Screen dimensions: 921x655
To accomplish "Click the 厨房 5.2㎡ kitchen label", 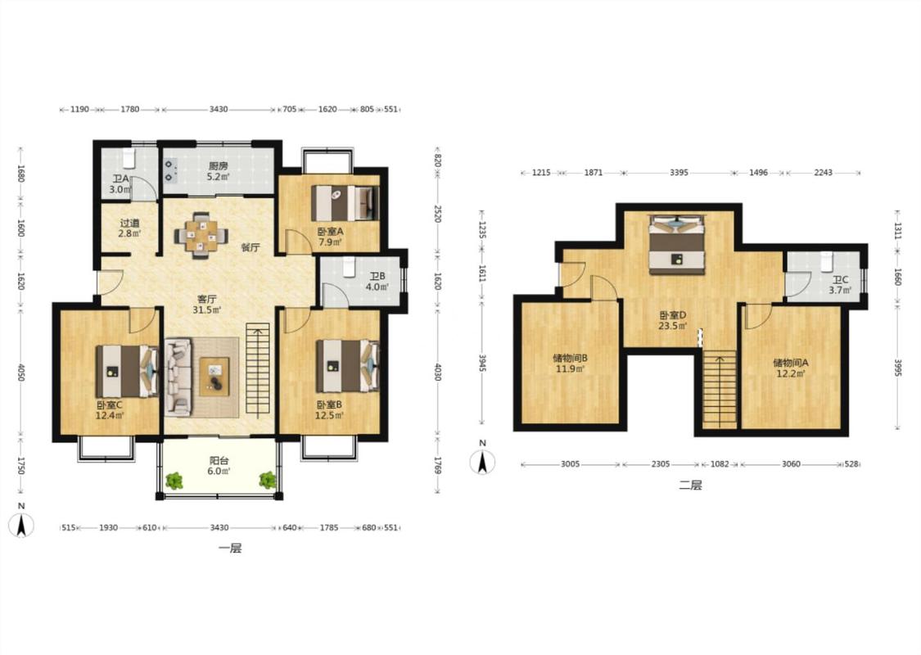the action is coord(219,170).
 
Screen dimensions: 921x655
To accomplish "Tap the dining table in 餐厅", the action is coord(201,235).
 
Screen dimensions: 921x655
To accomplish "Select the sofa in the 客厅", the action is coord(178,377).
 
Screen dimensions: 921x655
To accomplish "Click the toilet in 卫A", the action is coord(129,158).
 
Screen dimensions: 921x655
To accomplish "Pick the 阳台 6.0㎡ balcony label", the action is coord(219,466).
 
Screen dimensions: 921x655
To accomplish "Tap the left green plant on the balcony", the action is coord(174,481).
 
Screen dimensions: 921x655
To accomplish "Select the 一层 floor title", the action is coord(230,549).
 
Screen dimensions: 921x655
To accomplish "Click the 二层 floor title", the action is coord(690,486).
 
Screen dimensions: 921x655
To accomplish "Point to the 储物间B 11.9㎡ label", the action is coord(570,363).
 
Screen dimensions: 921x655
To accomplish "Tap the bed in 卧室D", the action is coord(676,244).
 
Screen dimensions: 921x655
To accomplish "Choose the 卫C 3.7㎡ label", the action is coord(840,285).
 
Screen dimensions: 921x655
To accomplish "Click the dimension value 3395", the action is coord(679,173).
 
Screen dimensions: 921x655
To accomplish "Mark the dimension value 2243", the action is coord(823,173).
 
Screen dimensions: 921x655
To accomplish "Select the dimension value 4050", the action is coord(21,373).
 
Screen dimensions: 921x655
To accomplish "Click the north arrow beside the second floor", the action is coord(482,462).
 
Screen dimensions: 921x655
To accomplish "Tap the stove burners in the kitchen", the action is coord(169,170).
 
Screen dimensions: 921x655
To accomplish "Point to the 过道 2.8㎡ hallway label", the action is coord(130,228).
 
